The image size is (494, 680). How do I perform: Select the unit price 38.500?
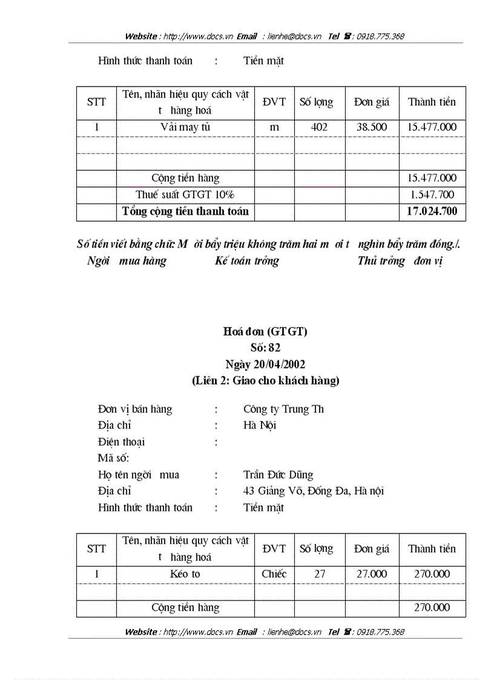(x=372, y=127)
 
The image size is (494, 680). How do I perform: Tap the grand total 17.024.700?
(x=432, y=211)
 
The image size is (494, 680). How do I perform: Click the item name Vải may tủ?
(x=185, y=127)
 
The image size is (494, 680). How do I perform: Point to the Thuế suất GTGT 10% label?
(x=185, y=195)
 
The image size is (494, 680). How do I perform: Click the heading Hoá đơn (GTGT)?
(x=265, y=331)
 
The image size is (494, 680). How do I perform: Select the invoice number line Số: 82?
(x=265, y=348)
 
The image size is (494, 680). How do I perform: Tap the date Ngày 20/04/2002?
(x=265, y=364)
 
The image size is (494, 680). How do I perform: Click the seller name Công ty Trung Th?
(x=283, y=409)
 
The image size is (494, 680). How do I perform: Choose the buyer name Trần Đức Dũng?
(x=278, y=475)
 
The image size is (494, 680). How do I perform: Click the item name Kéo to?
(x=185, y=574)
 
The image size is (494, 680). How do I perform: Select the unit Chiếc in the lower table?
(x=274, y=574)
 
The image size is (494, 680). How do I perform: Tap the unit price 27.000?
(x=372, y=574)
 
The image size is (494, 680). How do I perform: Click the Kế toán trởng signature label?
(x=246, y=262)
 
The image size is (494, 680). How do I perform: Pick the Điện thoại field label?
(x=121, y=442)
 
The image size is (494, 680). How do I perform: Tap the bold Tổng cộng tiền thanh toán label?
(x=185, y=211)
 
